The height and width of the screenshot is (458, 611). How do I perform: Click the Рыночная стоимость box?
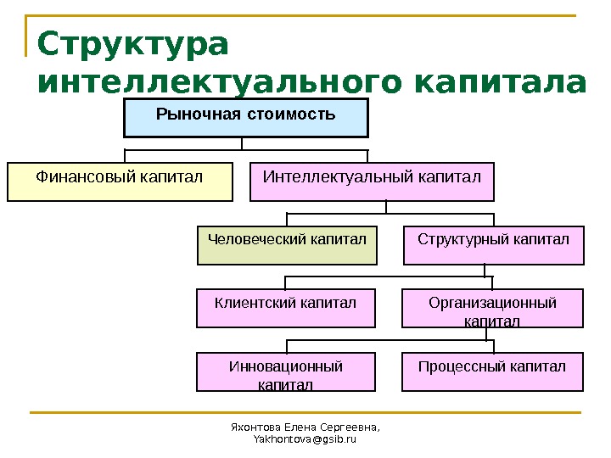(246, 118)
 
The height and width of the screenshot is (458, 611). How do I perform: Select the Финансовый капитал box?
(120, 182)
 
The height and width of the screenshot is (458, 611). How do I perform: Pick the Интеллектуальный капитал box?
(372, 182)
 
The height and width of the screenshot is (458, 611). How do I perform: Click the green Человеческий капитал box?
(287, 245)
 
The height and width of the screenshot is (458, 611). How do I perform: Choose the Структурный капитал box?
(493, 245)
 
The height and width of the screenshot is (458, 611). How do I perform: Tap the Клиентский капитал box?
(286, 308)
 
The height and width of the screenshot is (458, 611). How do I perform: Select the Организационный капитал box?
(493, 309)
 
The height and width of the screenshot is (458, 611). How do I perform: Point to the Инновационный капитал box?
(286, 372)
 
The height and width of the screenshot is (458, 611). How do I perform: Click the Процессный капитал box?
(493, 372)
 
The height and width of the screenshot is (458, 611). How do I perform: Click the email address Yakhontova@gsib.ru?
(305, 440)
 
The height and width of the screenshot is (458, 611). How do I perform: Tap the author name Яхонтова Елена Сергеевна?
(305, 427)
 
